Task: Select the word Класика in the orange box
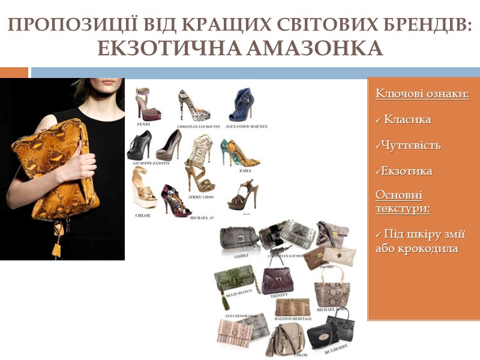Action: tap(407, 119)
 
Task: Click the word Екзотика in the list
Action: tap(407, 171)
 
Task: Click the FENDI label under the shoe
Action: tap(144, 124)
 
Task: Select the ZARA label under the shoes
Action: tap(244, 170)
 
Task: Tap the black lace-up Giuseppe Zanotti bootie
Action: tap(140, 146)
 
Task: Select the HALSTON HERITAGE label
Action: tap(293, 319)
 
